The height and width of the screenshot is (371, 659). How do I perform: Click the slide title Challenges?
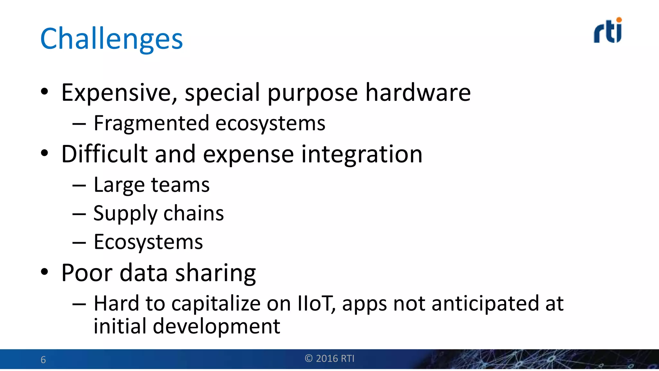click(x=111, y=39)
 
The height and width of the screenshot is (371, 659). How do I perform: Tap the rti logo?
click(x=608, y=31)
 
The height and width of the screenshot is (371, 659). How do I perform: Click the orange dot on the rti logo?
click(x=619, y=20)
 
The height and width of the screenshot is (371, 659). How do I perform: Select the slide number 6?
click(x=43, y=360)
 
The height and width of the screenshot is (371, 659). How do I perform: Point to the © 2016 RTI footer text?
click(x=329, y=358)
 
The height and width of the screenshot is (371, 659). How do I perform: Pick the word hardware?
click(x=418, y=93)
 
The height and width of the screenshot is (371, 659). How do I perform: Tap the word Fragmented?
click(x=151, y=123)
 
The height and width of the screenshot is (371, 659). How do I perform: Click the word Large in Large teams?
click(x=119, y=185)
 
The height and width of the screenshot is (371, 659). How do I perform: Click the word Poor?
click(x=87, y=273)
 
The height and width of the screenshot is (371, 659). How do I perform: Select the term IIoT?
click(x=315, y=303)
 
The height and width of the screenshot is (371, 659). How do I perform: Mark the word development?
click(x=216, y=327)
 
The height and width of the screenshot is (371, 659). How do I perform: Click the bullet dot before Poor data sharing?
click(x=44, y=271)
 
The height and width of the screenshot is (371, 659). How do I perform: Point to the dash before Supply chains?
click(x=79, y=214)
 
